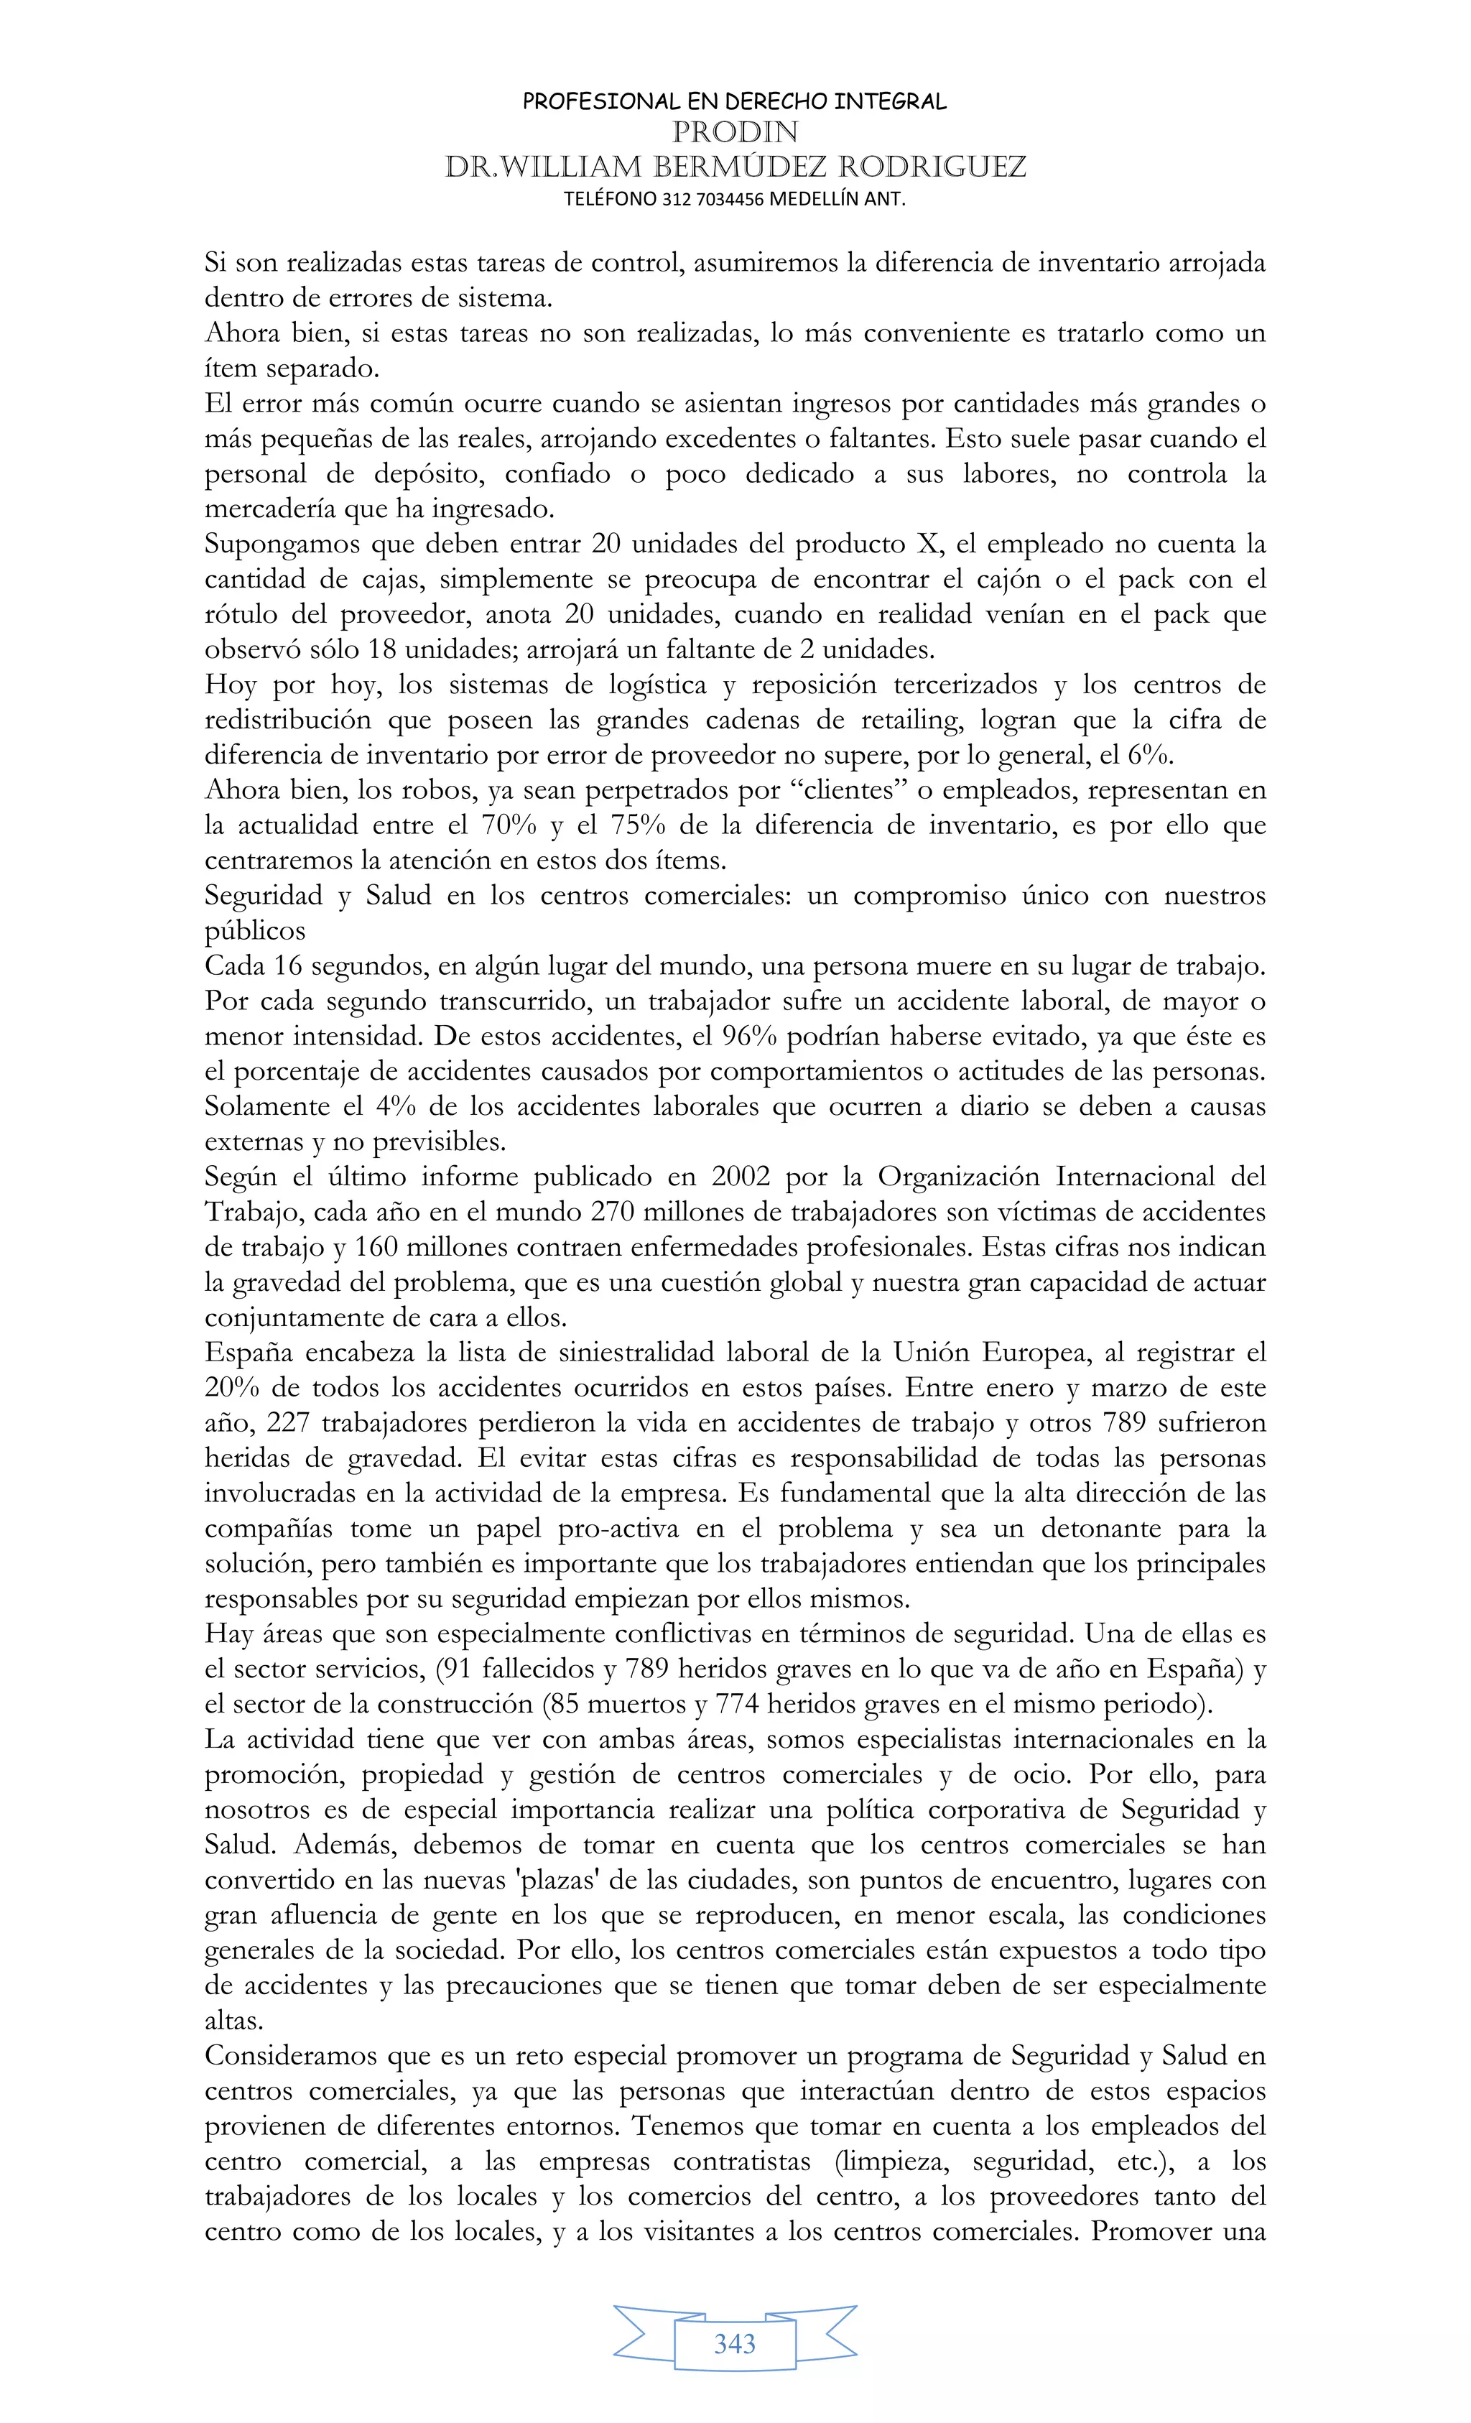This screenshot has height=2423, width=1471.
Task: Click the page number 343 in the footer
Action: tap(735, 2343)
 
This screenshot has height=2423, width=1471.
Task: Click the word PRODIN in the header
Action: tap(735, 131)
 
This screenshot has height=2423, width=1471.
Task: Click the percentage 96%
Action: tap(749, 1037)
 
